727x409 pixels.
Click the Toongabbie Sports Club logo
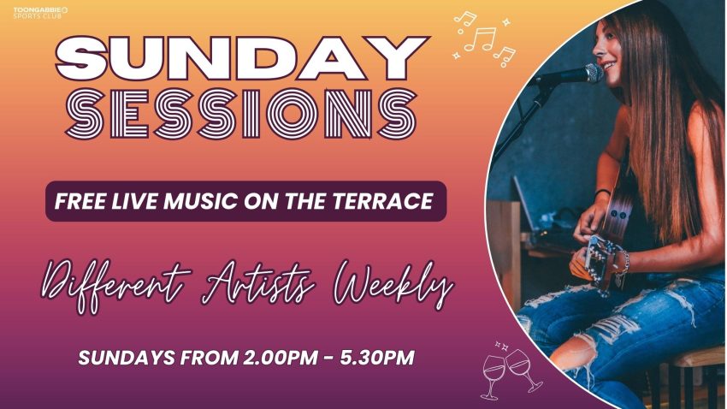(40, 13)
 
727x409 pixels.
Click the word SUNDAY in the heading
(241, 58)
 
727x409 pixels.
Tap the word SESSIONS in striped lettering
(241, 114)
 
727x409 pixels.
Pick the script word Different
(116, 285)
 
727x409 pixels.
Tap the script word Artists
(258, 283)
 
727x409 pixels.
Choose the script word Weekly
(393, 285)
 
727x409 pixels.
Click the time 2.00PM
(280, 358)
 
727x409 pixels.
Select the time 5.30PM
(377, 358)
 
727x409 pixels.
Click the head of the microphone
(594, 74)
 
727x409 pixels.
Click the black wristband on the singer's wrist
(602, 192)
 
